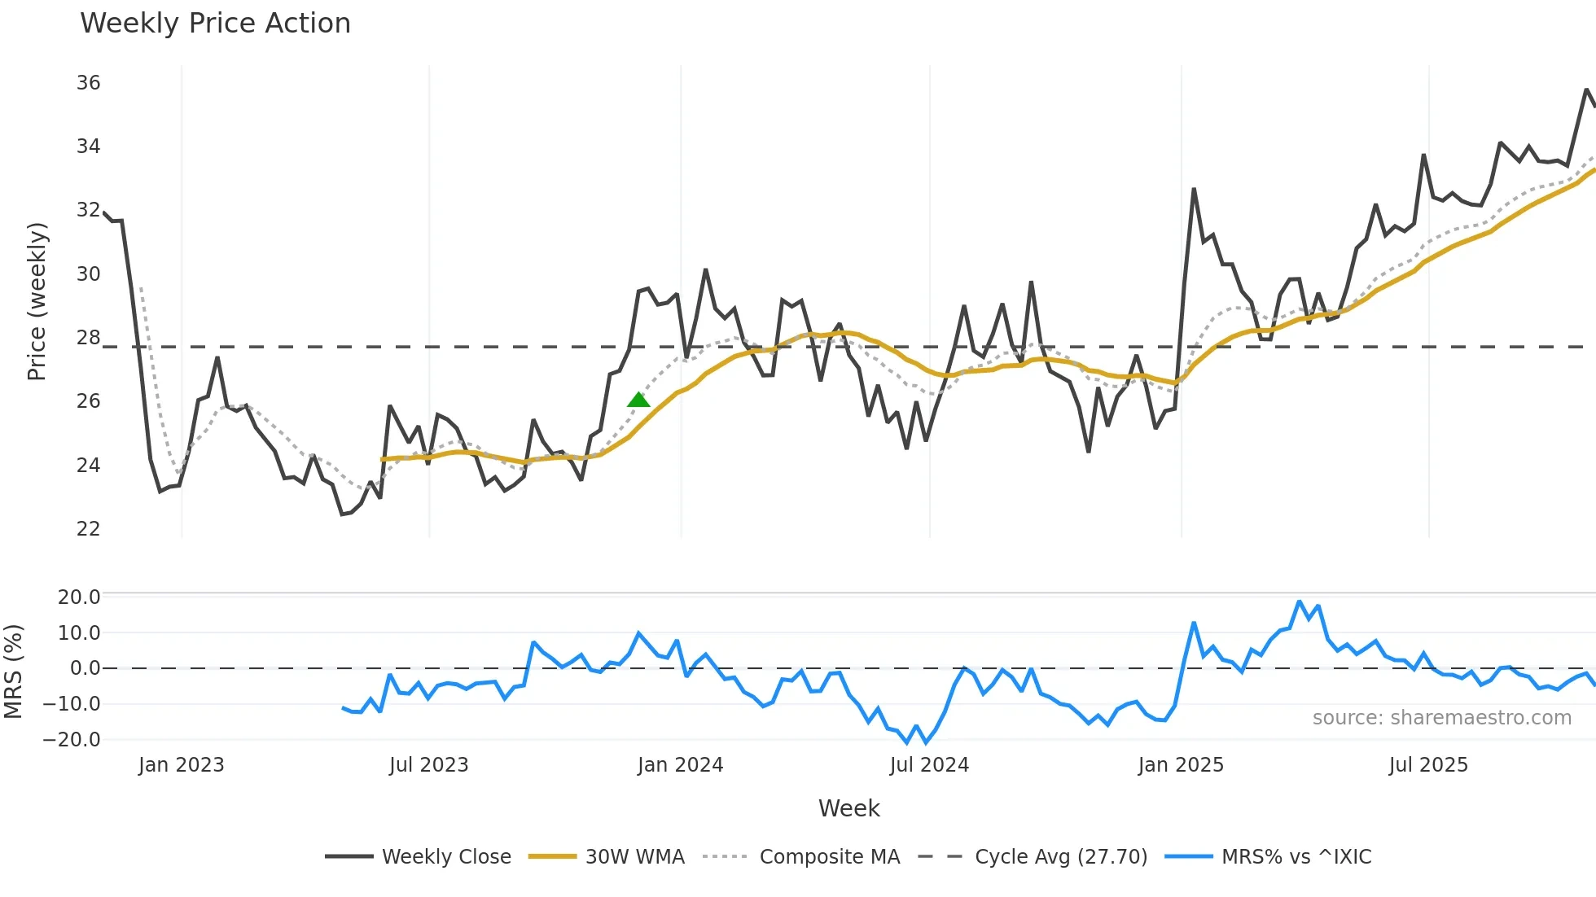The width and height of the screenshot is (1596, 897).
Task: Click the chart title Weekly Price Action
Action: [x=215, y=23]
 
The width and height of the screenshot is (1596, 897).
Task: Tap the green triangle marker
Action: [x=638, y=400]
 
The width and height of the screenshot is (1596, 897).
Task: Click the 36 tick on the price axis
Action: [x=89, y=83]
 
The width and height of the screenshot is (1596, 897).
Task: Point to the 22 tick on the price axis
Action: [x=89, y=529]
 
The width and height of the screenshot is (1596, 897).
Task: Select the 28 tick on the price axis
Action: [x=89, y=338]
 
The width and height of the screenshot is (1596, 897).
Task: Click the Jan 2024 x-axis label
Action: [x=680, y=765]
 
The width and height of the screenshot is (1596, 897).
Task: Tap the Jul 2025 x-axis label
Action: [x=1427, y=765]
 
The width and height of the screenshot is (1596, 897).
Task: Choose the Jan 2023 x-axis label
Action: [x=181, y=765]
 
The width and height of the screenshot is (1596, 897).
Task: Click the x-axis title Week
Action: [x=848, y=808]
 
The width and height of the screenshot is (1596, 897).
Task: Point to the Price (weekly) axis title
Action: [x=37, y=301]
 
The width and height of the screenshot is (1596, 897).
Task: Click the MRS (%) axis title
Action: [x=14, y=672]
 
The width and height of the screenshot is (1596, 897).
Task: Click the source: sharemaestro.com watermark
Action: [x=1441, y=718]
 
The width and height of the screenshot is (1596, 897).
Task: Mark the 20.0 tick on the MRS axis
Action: [x=79, y=597]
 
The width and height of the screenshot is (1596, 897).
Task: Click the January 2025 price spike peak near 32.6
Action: [x=1194, y=190]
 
